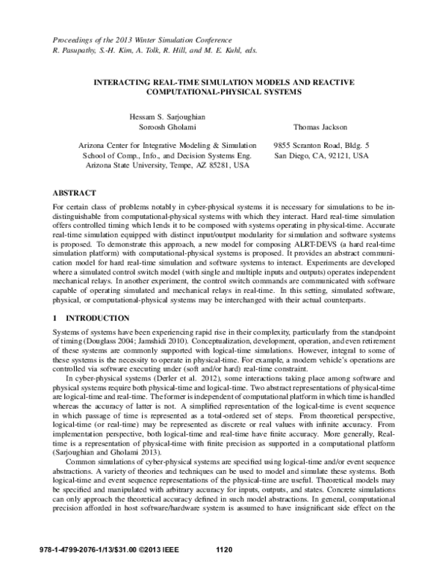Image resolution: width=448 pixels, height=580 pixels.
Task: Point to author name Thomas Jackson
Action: (321, 127)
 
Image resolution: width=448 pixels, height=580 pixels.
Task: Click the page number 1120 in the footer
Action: (225, 571)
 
